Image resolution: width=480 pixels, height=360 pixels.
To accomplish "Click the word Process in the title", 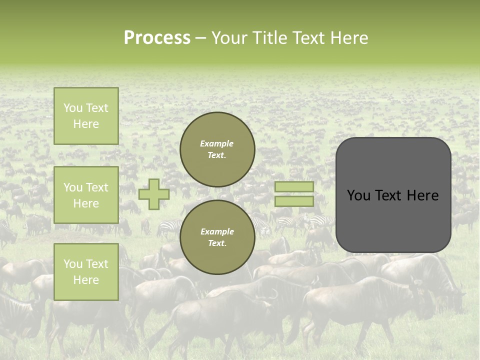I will pos(157,38).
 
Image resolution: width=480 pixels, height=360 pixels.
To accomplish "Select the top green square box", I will pos(86,116).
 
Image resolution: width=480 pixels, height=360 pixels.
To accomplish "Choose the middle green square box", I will pos(86,195).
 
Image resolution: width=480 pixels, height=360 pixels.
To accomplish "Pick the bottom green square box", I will pos(86,272).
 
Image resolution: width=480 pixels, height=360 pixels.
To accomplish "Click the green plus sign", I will pos(153,194).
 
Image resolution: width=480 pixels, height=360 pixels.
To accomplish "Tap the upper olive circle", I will pos(217,149).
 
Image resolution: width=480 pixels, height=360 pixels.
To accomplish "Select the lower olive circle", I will pos(217,237).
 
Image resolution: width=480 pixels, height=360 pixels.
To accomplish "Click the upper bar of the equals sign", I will pos(294,186).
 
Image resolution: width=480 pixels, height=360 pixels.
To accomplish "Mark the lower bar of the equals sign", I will pos(294,201).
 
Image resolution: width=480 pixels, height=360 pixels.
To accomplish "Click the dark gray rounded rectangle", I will pos(393,195).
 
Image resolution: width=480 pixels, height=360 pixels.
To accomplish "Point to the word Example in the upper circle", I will pos(216,143).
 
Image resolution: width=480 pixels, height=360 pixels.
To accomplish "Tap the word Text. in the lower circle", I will pos(216,243).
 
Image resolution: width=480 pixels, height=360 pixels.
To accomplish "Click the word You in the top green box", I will pos(73,108).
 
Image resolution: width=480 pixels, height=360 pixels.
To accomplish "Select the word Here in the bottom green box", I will pos(86,280).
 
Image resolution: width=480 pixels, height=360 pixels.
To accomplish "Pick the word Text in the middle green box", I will pos(96,187).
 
